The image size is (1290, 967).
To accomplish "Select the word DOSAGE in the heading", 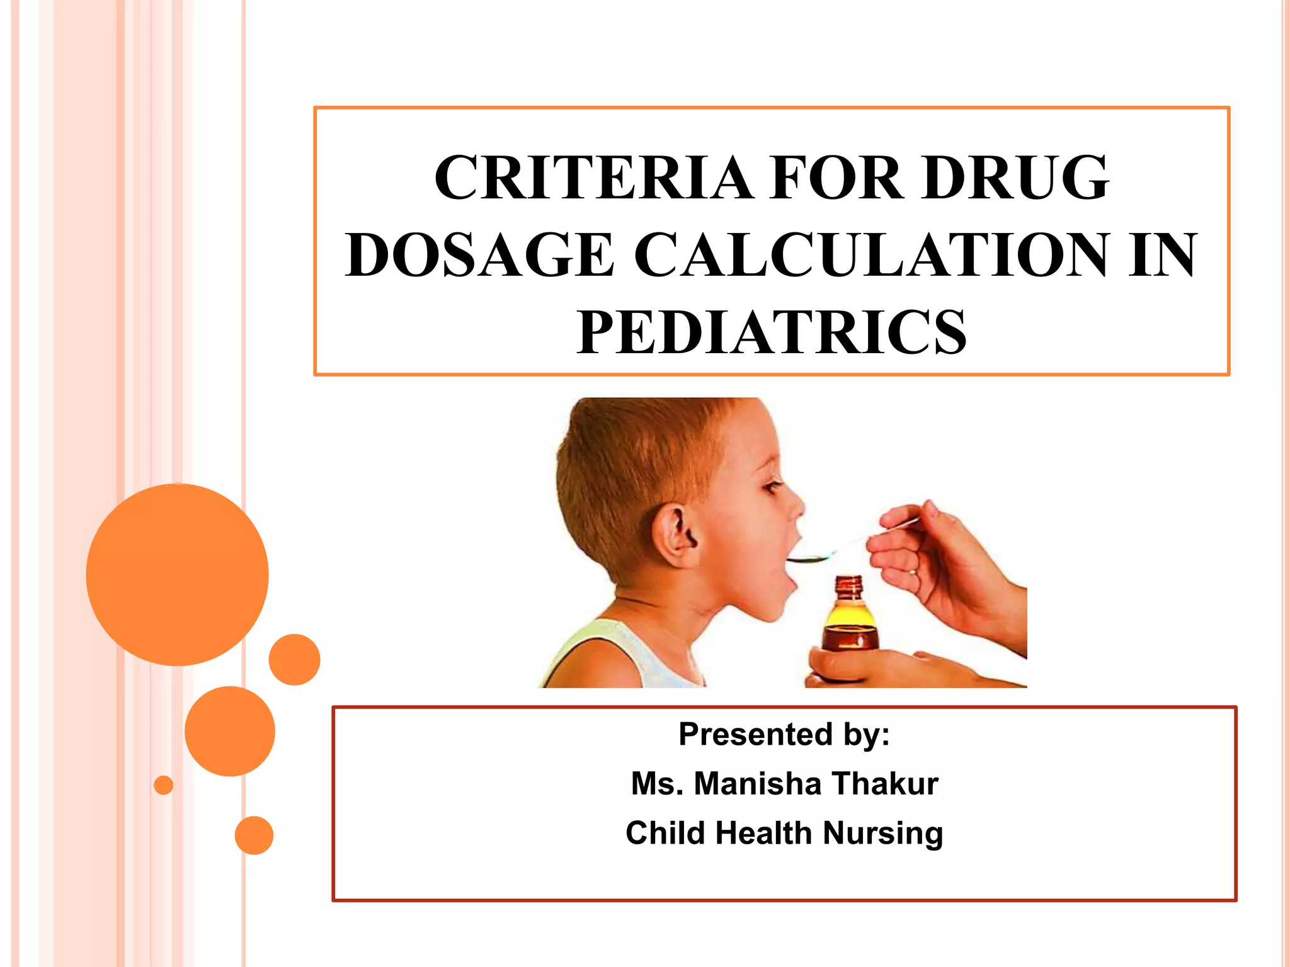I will point(479,255).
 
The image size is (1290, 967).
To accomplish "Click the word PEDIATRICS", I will point(771,332).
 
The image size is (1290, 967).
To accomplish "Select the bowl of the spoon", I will point(813,558).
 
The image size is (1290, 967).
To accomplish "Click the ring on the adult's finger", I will point(912,572).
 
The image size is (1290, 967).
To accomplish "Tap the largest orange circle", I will point(178,574).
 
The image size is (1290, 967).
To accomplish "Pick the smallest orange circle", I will point(164,785).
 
